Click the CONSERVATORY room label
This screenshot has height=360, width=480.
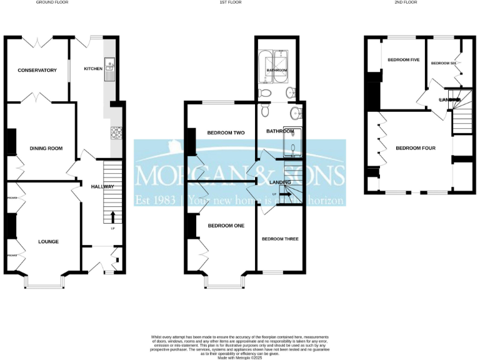coord(37,69)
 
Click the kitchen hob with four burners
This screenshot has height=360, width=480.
coord(116,132)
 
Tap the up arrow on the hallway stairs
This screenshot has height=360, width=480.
coord(112,218)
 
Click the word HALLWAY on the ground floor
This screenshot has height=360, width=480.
coord(102,186)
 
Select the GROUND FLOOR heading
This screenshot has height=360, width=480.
coord(52,3)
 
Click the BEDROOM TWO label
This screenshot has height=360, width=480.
coord(225,133)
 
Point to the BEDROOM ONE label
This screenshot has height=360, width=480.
coord(226,225)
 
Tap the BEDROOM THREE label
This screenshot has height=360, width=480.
coord(280,239)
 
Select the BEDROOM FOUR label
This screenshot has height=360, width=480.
coord(415,148)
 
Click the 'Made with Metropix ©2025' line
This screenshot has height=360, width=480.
coord(239,357)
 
